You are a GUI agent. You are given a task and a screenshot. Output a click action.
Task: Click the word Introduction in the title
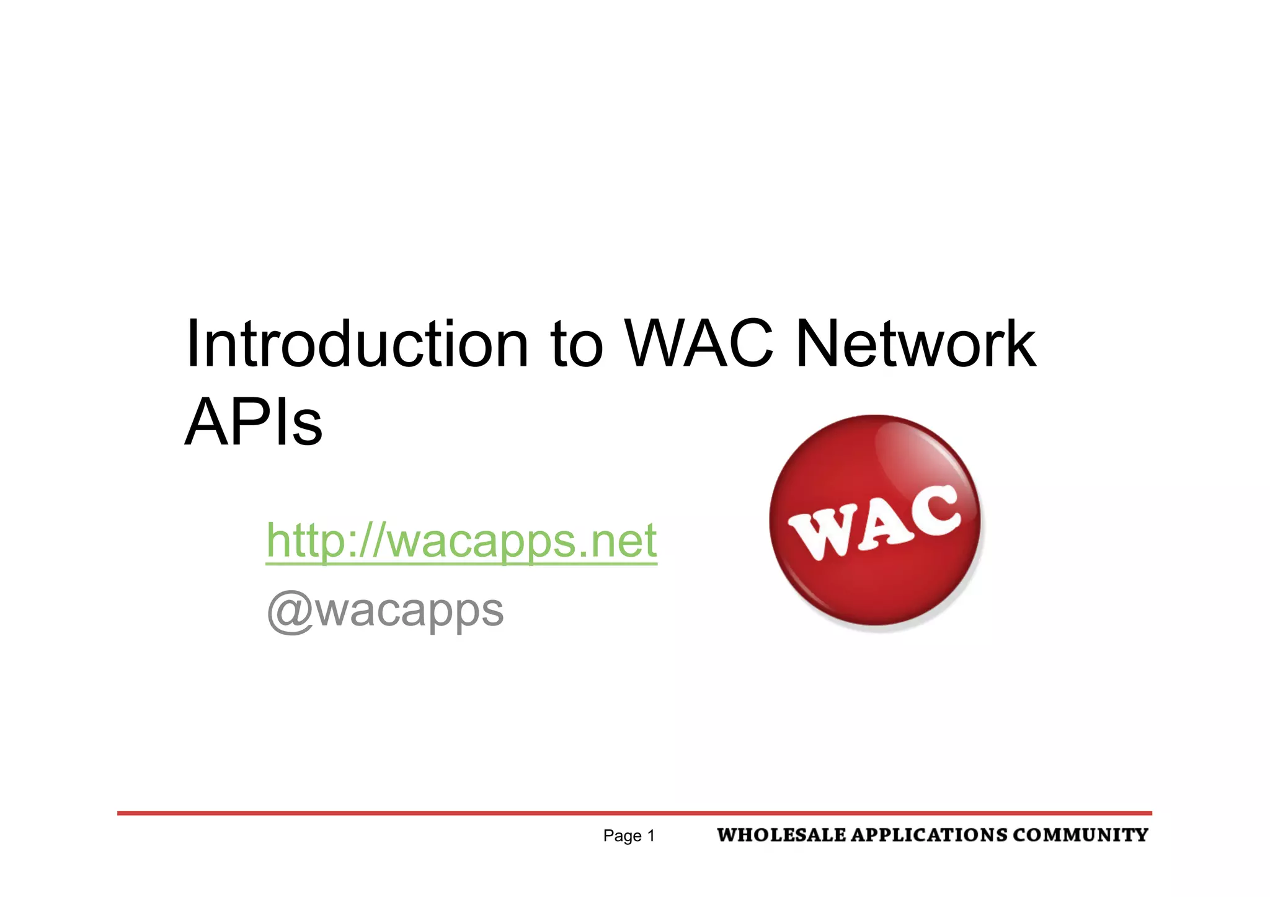click(x=357, y=344)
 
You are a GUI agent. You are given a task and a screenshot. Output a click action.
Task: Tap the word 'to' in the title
click(x=576, y=345)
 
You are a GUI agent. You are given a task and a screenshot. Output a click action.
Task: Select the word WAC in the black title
click(x=699, y=344)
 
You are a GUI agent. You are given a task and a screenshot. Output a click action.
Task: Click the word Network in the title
click(x=915, y=344)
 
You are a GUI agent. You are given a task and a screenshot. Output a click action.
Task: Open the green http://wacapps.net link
click(x=461, y=541)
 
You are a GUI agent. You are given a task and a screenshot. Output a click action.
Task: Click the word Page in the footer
click(x=622, y=836)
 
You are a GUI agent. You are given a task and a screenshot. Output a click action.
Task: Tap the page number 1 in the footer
click(x=651, y=836)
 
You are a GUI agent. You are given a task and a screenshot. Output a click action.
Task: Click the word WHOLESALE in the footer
click(x=781, y=835)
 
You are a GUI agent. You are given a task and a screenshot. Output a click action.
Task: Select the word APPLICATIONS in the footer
click(x=928, y=835)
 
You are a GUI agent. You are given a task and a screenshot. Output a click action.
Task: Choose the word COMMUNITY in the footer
click(x=1080, y=835)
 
